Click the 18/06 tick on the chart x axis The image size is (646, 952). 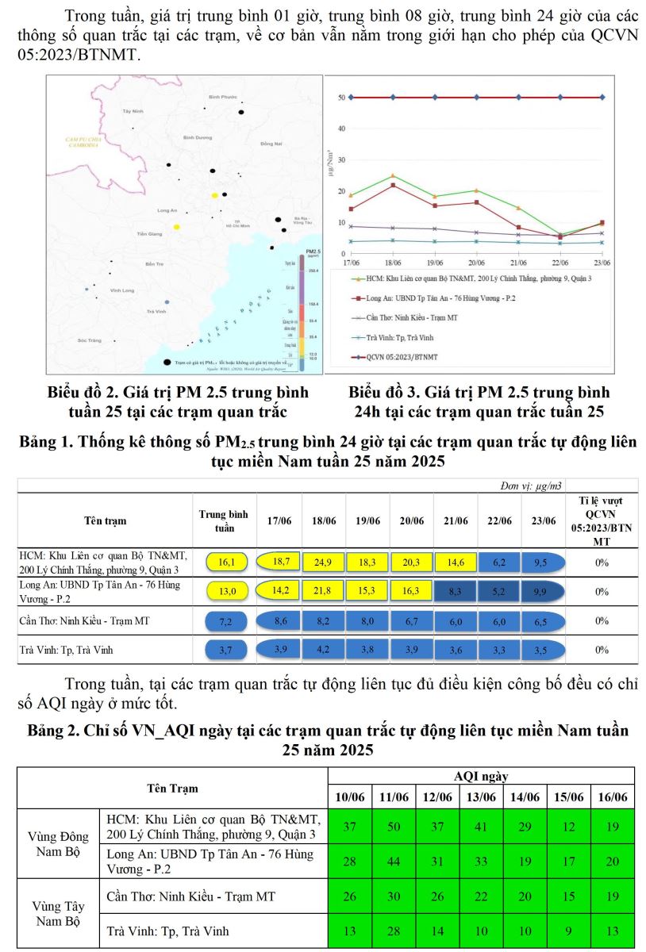click(392, 261)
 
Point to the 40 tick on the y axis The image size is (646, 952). click(341, 129)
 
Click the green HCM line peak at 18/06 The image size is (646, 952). click(393, 175)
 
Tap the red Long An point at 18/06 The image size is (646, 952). click(393, 185)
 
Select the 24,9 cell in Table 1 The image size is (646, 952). click(323, 562)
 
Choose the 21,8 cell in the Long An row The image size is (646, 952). click(323, 591)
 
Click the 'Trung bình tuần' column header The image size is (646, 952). click(225, 521)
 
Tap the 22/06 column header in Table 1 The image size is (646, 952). click(499, 521)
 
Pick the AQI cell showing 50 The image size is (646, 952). click(394, 826)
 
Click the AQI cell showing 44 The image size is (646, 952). click(394, 862)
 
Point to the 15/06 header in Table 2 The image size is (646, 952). click(568, 797)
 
